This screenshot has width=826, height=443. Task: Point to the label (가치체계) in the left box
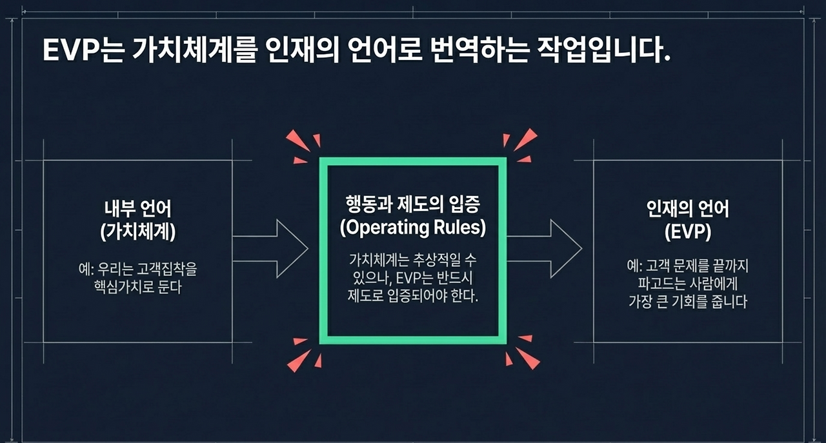[x=138, y=233]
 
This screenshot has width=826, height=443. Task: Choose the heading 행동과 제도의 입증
[x=413, y=205]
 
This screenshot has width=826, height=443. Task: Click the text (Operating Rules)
[x=413, y=228]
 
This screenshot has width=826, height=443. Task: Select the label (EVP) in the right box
[x=687, y=233]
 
